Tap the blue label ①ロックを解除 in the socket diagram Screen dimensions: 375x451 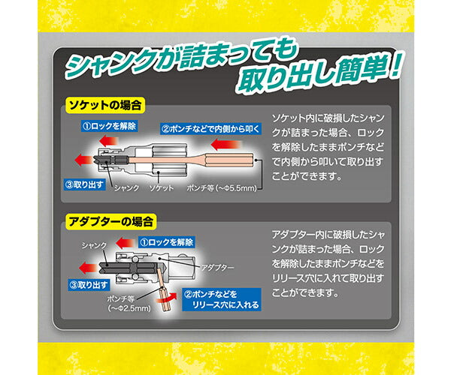pyautogui.click(x=110, y=127)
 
